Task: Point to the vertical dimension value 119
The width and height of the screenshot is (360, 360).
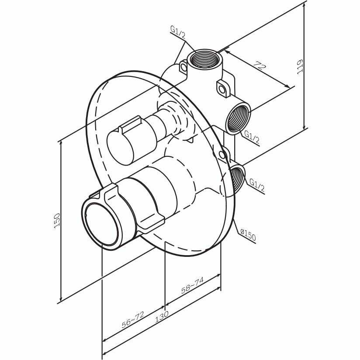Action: pyautogui.click(x=299, y=66)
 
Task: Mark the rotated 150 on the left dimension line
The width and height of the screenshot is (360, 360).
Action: pyautogui.click(x=56, y=221)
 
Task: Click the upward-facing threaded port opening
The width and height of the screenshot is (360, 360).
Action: pyautogui.click(x=204, y=59)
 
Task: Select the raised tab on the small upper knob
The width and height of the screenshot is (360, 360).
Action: pyautogui.click(x=130, y=125)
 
